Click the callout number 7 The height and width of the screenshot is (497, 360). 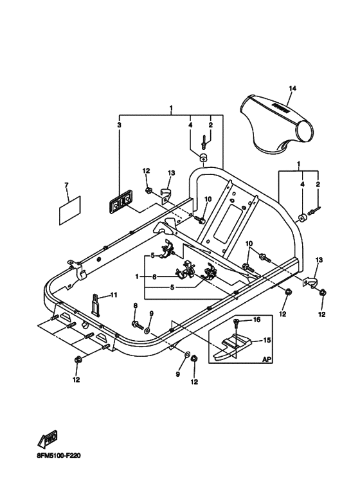(66, 185)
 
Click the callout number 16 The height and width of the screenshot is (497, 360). (256, 319)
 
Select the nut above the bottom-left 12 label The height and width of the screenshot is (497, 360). (78, 359)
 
